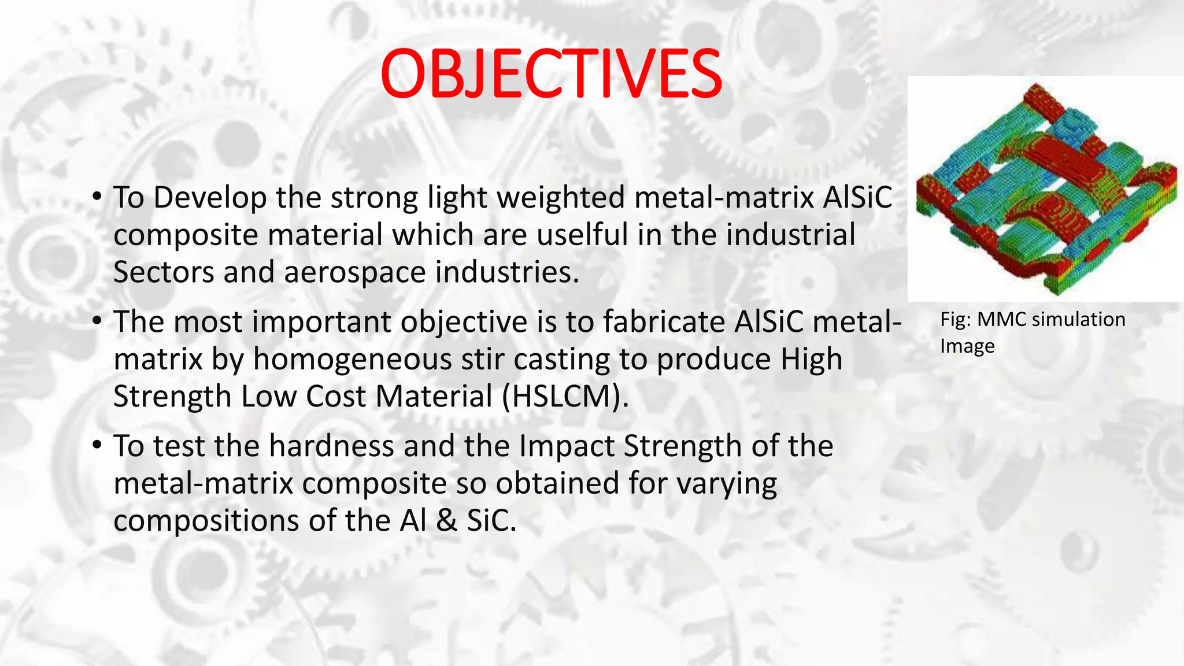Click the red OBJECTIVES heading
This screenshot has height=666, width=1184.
pos(551,73)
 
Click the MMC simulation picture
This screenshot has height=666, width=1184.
pos(1045,188)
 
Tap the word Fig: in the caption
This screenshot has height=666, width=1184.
pos(955,319)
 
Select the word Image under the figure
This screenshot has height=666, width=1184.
pos(967,346)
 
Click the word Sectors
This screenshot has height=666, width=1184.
pos(164,272)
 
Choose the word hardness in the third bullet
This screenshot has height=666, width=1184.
pos(331,446)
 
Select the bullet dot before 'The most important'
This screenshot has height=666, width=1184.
pos(97,322)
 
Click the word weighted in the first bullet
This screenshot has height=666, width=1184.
pos(561,198)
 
